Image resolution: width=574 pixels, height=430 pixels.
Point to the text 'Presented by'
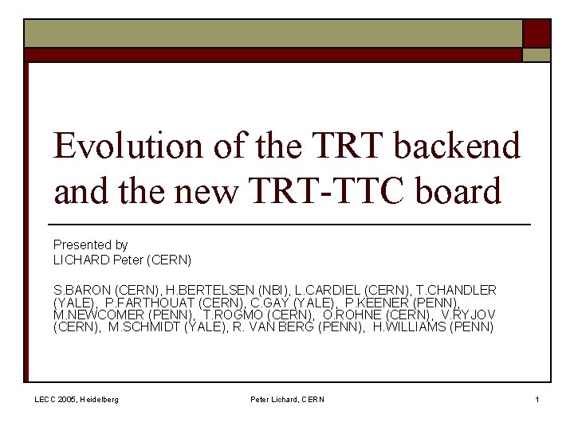click(x=90, y=244)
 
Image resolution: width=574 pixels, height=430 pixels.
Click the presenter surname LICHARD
click(x=81, y=260)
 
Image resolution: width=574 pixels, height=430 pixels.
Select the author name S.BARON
click(x=82, y=290)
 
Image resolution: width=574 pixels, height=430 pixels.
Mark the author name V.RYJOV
click(x=474, y=315)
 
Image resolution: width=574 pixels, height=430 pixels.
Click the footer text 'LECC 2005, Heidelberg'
click(x=77, y=399)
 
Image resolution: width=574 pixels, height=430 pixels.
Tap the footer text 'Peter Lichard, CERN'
click(x=287, y=399)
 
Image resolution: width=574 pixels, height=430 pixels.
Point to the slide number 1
click(x=537, y=399)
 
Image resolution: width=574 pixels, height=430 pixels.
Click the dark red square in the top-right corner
click(x=537, y=33)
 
